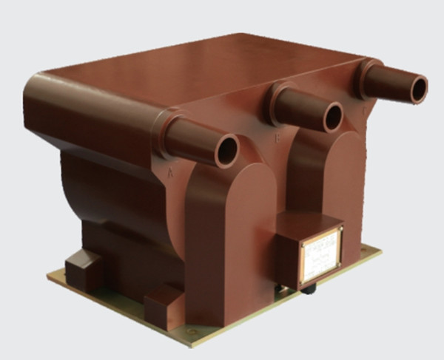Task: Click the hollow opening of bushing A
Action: pos(226,152)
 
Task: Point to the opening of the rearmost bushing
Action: pos(418,89)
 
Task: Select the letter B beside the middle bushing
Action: pos(277,137)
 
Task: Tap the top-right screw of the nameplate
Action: pos(338,231)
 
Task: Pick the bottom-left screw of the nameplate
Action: pos(304,282)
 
